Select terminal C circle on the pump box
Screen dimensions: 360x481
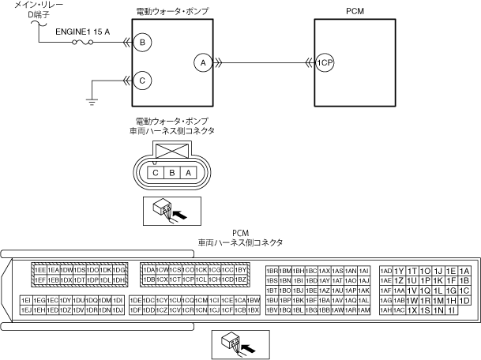(x=143, y=79)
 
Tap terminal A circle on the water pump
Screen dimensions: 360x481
(x=202, y=62)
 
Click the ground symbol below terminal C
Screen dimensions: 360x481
(x=92, y=99)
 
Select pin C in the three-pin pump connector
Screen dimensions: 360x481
(x=157, y=173)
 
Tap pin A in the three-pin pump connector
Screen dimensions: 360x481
(x=188, y=173)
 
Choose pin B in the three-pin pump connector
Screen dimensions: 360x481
(x=172, y=173)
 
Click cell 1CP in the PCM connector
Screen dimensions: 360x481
(x=189, y=279)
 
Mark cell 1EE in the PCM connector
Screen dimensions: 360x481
(x=39, y=270)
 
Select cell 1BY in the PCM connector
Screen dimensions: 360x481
(x=242, y=270)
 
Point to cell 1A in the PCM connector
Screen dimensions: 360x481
(x=464, y=271)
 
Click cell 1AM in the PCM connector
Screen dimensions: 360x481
(x=364, y=310)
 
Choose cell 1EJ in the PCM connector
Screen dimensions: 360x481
(x=26, y=310)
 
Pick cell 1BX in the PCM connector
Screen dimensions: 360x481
(x=254, y=310)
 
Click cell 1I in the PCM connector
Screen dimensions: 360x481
(x=451, y=310)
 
